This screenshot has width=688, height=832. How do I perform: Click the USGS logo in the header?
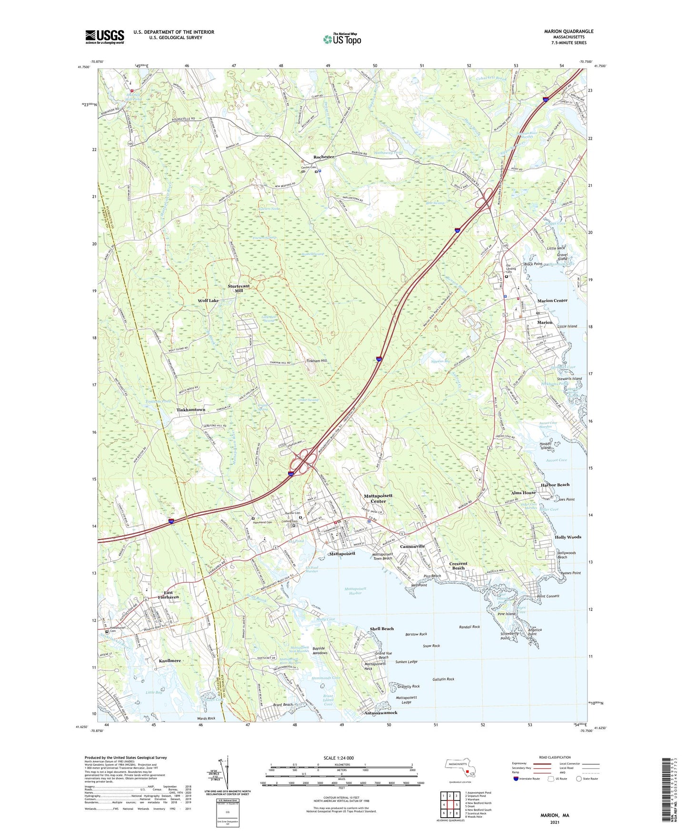pyautogui.click(x=105, y=37)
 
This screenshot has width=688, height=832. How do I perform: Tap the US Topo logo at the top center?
pyautogui.click(x=342, y=39)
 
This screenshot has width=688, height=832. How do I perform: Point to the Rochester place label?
pyautogui.click(x=324, y=157)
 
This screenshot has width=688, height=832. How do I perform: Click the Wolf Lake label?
pyautogui.click(x=209, y=301)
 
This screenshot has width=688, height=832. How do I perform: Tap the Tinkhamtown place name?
pyautogui.click(x=191, y=410)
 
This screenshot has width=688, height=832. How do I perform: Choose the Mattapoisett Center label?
pyautogui.click(x=378, y=498)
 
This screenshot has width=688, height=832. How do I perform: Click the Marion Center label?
pyautogui.click(x=552, y=301)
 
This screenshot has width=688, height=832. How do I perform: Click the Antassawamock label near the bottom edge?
pyautogui.click(x=381, y=713)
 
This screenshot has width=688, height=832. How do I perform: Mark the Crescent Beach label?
pyautogui.click(x=458, y=566)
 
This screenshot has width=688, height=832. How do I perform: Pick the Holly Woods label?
pyautogui.click(x=568, y=537)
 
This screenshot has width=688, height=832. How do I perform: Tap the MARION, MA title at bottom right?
pyautogui.click(x=554, y=815)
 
